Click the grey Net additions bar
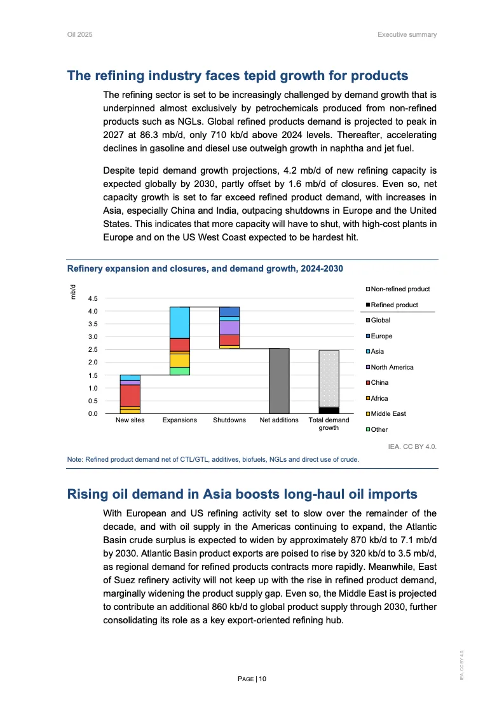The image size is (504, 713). point(279,381)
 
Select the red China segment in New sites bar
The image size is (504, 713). point(130,395)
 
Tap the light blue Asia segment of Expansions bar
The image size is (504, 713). point(180,322)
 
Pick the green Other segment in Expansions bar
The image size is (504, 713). point(180,371)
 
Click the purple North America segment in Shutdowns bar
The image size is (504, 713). point(229,327)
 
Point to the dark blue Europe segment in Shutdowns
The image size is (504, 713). point(229,311)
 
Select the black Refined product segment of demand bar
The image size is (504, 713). point(329,410)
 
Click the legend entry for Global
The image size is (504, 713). point(380,321)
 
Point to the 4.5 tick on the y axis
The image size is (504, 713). point(93,298)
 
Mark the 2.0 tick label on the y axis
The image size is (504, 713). point(93,363)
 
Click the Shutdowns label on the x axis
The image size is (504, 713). point(229,420)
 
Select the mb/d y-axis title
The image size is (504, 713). point(74,291)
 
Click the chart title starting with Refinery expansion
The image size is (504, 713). point(205,269)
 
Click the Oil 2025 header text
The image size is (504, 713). point(80,34)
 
